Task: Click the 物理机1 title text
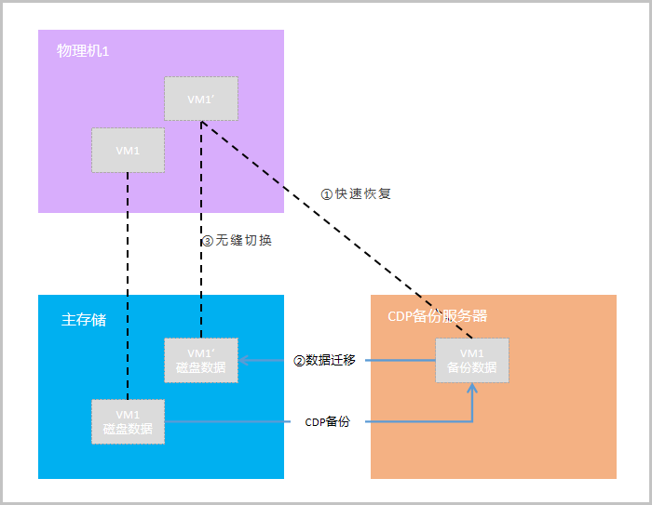(x=83, y=51)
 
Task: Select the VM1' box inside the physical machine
(x=200, y=99)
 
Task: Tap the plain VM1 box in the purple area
(x=128, y=150)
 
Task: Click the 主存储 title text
(x=79, y=320)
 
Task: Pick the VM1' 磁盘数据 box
(x=200, y=360)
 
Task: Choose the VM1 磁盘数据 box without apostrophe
(x=128, y=421)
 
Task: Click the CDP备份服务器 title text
(x=437, y=316)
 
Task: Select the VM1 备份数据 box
(x=472, y=360)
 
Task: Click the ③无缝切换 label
(x=238, y=240)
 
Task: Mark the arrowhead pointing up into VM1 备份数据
(x=472, y=387)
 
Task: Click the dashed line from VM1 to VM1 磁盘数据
(x=128, y=279)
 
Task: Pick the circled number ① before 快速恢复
(x=326, y=194)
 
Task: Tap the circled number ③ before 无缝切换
(x=208, y=240)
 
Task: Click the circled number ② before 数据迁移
(x=299, y=360)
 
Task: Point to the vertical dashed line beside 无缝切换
(x=200, y=279)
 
